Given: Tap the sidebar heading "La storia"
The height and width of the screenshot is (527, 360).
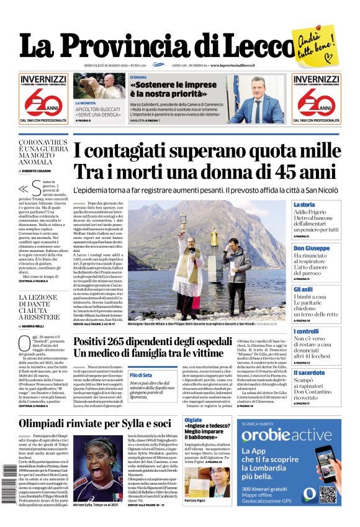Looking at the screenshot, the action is click(x=304, y=205).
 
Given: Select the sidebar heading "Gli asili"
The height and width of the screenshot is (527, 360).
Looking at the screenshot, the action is click(x=304, y=289).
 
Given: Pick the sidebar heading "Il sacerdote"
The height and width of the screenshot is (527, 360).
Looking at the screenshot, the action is click(x=308, y=372).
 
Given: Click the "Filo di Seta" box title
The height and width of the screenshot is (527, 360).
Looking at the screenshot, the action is click(x=142, y=375).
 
